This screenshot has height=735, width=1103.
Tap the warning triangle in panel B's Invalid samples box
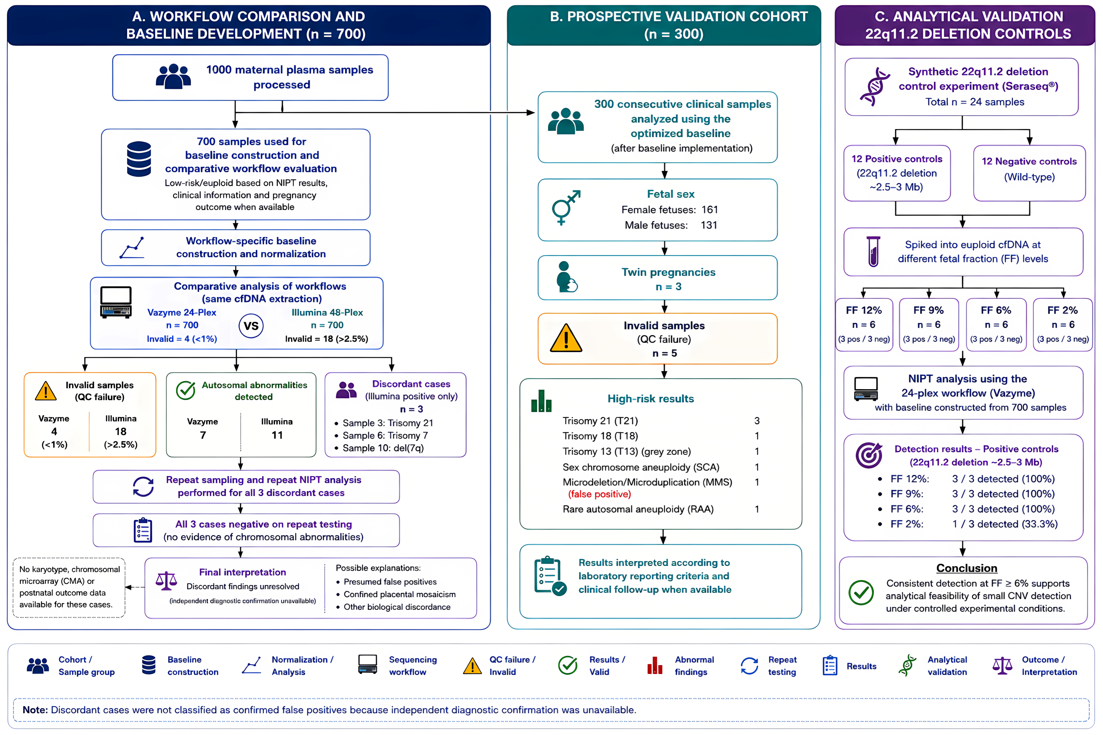click(x=566, y=338)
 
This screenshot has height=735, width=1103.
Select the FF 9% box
click(x=929, y=324)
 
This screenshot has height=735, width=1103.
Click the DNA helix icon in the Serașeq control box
click(x=875, y=87)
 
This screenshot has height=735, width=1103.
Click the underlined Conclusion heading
click(x=966, y=568)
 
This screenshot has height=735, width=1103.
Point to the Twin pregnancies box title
click(x=668, y=272)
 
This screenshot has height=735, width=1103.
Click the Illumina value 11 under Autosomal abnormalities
click(x=277, y=435)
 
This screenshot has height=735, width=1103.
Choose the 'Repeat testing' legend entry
click(x=769, y=666)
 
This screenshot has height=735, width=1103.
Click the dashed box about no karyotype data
click(x=69, y=587)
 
